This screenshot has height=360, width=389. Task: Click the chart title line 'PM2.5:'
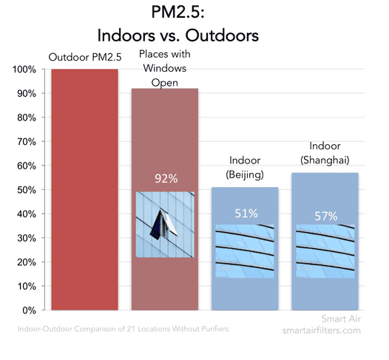click(178, 12)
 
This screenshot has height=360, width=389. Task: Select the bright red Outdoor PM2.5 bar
click(84, 190)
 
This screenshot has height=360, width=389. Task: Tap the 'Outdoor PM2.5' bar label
click(85, 57)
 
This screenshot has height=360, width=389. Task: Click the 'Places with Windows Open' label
click(165, 68)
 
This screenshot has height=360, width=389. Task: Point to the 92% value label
click(166, 178)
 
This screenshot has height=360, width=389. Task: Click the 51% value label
click(246, 214)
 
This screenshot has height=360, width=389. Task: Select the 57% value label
click(326, 216)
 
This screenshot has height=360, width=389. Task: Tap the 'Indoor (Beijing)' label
click(245, 168)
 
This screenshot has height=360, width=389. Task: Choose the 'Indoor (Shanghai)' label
click(325, 153)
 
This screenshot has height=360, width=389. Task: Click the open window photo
click(165, 225)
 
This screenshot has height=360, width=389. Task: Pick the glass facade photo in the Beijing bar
click(245, 251)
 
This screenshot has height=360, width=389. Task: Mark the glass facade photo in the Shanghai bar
click(325, 251)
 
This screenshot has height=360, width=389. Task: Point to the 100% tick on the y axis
click(24, 69)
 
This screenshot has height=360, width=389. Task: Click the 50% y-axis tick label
click(27, 190)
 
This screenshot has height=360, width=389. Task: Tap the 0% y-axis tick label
click(30, 310)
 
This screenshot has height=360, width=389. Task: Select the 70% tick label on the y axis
click(27, 142)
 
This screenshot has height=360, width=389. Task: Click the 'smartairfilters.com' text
click(322, 330)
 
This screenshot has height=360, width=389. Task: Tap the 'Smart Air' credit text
click(341, 319)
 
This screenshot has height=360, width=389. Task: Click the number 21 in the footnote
click(131, 329)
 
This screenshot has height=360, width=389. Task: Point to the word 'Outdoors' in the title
click(222, 35)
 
